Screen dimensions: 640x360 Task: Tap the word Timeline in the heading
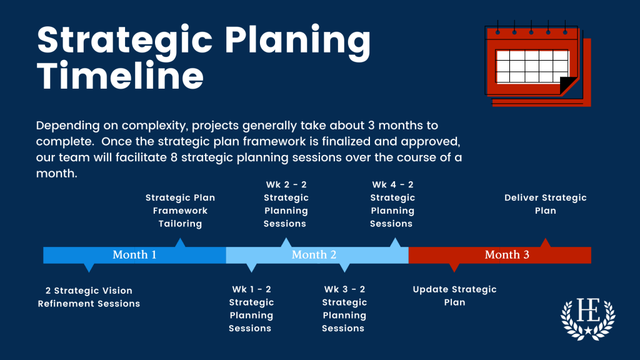click(120, 76)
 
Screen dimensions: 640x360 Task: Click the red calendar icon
click(537, 63)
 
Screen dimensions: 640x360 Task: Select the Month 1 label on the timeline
click(134, 255)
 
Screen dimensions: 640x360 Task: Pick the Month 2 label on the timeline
click(314, 255)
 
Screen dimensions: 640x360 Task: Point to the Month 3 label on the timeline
click(507, 255)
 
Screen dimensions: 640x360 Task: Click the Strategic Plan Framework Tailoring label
click(180, 211)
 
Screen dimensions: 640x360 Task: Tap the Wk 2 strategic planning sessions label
click(286, 204)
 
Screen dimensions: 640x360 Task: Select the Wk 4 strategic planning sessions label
click(392, 204)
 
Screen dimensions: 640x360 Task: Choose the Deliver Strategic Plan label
click(545, 204)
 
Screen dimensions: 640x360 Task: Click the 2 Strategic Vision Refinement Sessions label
click(89, 297)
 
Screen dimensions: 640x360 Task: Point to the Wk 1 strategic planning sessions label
click(251, 309)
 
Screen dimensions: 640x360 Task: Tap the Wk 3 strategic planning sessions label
click(344, 309)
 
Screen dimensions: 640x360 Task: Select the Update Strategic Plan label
click(454, 296)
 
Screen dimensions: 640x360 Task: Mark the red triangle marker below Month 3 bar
click(454, 267)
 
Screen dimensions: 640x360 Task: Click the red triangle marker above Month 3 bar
click(545, 243)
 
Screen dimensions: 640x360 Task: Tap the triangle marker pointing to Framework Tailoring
click(180, 243)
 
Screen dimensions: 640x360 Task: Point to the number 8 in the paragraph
click(174, 157)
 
